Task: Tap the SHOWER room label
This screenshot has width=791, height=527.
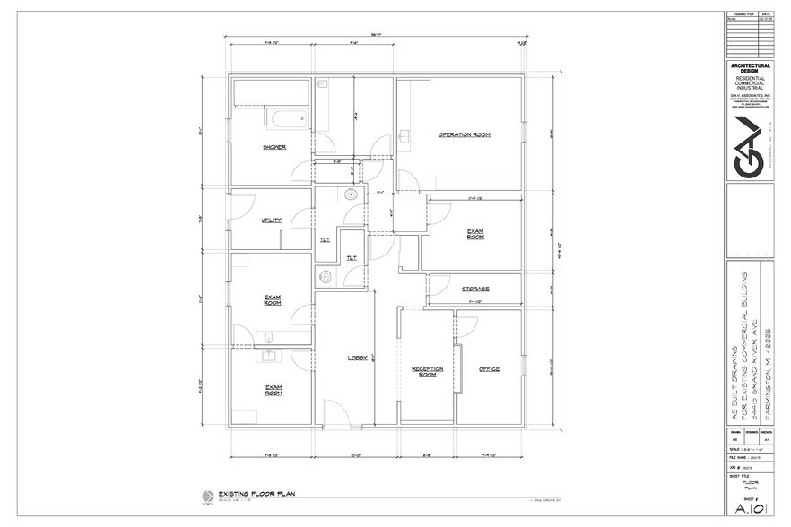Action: point(274,147)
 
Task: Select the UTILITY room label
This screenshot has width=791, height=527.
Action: point(272,220)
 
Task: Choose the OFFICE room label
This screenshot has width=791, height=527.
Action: point(488,369)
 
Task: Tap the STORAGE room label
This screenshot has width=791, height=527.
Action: point(475,289)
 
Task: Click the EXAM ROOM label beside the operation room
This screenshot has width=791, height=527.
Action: point(475,234)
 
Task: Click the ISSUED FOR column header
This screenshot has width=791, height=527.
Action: point(742,15)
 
